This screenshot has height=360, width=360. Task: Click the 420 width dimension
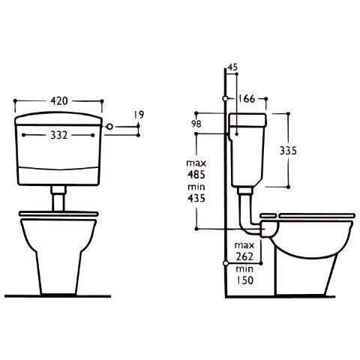pyautogui.click(x=59, y=100)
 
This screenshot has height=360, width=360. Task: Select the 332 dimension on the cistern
pyautogui.click(x=59, y=135)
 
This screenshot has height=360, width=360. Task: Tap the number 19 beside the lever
pyautogui.click(x=139, y=115)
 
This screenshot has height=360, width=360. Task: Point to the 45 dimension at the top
pyautogui.click(x=233, y=67)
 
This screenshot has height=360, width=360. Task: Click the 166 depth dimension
pyautogui.click(x=246, y=99)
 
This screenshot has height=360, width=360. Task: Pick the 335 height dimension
pyautogui.click(x=288, y=151)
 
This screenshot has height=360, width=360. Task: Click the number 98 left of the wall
pyautogui.click(x=196, y=124)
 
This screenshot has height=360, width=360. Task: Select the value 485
pyautogui.click(x=196, y=175)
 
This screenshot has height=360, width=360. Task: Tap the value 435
pyautogui.click(x=196, y=198)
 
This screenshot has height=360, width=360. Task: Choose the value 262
pyautogui.click(x=244, y=256)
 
